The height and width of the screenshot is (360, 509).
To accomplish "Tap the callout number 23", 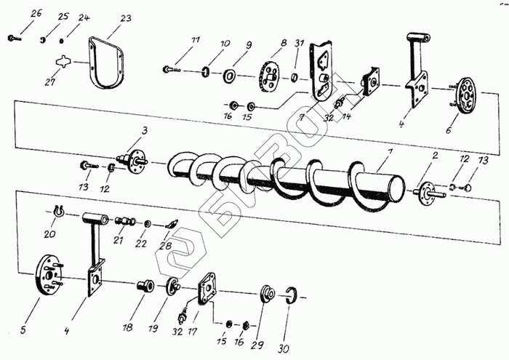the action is [x=125, y=17].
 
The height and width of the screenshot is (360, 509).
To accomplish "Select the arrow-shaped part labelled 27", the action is [x=65, y=63].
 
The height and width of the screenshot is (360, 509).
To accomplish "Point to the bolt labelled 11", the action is [x=172, y=69].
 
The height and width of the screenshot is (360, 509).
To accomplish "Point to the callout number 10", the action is [x=225, y=44].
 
